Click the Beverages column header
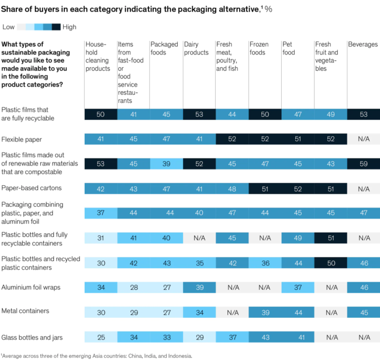coord(363,44)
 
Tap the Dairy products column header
coord(196,48)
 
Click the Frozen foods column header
coord(259,48)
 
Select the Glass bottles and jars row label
coord(33,337)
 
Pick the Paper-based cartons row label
coord(32,188)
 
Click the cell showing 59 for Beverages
coord(364,164)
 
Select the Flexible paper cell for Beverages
coord(364,139)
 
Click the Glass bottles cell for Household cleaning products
coord(101,337)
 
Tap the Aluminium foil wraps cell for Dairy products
coord(199,288)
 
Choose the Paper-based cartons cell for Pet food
coord(298,188)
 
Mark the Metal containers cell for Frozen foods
coord(265,312)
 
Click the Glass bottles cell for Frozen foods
coord(265,337)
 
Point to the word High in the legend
coord(69,27)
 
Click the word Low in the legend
coord(8,27)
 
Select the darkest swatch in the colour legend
coord(56,27)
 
